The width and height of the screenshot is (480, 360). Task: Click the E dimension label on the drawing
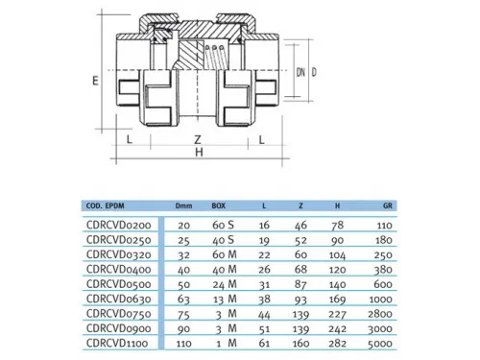pyautogui.click(x=95, y=81)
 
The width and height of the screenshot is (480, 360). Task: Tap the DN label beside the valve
pyautogui.click(x=300, y=72)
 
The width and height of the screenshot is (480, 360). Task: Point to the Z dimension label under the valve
pyautogui.click(x=198, y=139)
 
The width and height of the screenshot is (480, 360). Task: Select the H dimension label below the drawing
pyautogui.click(x=199, y=153)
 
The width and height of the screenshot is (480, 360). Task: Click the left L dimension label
pyautogui.click(x=130, y=139)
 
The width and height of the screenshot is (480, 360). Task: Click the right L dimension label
pyautogui.click(x=262, y=139)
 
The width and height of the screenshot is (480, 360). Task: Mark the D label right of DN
pyautogui.click(x=314, y=72)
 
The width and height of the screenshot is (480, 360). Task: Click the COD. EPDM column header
pyautogui.click(x=105, y=205)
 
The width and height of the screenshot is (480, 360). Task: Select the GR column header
pyautogui.click(x=388, y=205)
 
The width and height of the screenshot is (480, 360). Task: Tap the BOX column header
pyautogui.click(x=219, y=205)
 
